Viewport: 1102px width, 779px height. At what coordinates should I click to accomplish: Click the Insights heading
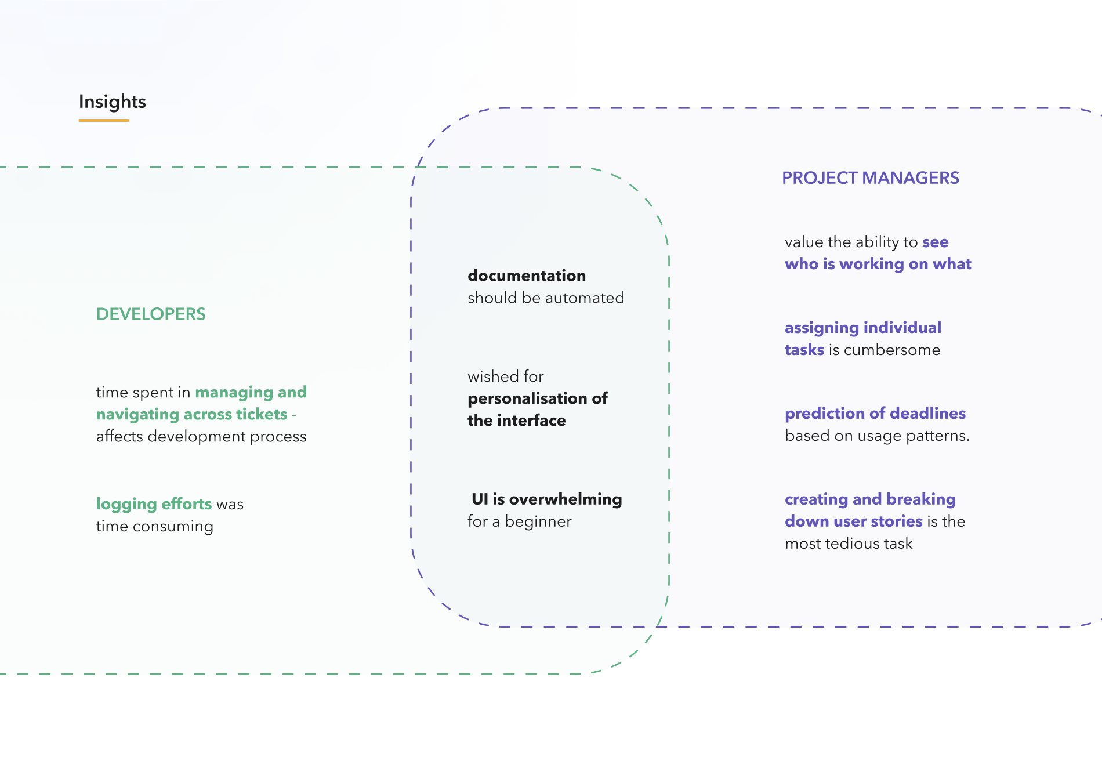112,102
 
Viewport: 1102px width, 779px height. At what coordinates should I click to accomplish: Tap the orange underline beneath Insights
104,121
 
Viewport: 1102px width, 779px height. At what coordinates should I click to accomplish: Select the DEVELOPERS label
151,314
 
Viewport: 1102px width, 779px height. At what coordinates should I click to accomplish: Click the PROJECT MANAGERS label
870,178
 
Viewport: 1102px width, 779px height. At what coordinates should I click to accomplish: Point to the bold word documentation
527,276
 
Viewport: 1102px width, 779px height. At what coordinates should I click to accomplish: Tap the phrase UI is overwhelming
546,499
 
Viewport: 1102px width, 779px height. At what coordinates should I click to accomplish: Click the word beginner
538,521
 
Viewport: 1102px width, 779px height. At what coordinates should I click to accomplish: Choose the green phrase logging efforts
154,504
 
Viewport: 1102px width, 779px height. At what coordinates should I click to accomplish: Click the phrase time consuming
155,526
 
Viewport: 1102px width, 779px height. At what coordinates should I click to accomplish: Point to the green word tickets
262,414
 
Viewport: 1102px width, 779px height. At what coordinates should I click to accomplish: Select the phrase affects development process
201,436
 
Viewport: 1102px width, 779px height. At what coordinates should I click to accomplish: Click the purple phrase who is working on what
878,264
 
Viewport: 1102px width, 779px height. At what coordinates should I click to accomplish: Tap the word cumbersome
892,350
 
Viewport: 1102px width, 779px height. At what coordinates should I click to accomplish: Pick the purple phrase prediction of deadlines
875,414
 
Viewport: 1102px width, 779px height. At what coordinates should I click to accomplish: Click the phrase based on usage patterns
877,436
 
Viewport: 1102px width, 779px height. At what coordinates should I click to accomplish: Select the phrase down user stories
853,521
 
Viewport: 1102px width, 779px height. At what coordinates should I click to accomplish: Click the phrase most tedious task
849,544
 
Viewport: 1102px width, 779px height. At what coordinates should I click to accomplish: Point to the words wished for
506,376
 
